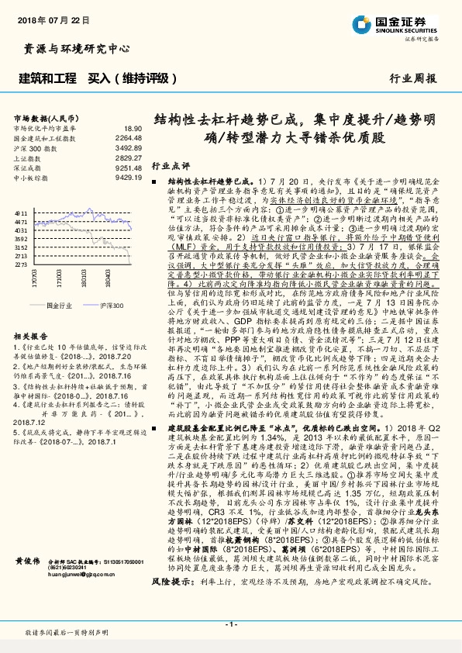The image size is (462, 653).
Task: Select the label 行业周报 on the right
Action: (412, 79)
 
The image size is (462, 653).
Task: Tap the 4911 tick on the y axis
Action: (21, 212)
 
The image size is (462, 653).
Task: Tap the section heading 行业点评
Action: (170, 166)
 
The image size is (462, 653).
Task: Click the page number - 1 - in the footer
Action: (230, 624)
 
